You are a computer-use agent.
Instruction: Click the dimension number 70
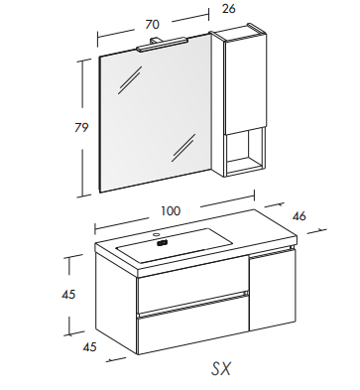(x=153, y=24)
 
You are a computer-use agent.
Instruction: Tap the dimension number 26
(x=229, y=9)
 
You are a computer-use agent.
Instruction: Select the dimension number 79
(x=81, y=127)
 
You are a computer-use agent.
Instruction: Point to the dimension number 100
(x=171, y=210)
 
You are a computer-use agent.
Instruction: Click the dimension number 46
(x=300, y=216)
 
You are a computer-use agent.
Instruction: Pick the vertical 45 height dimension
(x=68, y=294)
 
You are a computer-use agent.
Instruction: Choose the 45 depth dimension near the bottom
(x=89, y=346)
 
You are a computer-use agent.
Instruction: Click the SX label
(x=221, y=368)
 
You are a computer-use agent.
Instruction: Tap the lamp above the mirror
(x=162, y=45)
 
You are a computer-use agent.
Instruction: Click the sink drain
(x=162, y=243)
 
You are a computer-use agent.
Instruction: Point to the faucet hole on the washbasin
(x=157, y=234)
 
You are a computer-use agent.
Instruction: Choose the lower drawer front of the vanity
(x=192, y=325)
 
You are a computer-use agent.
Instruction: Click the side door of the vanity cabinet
(x=273, y=290)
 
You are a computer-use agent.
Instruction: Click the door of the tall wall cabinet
(x=245, y=82)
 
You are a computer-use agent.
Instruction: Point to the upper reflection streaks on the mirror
(x=130, y=79)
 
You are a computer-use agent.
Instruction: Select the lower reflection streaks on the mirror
(x=183, y=148)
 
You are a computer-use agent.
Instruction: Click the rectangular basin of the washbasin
(x=175, y=244)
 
